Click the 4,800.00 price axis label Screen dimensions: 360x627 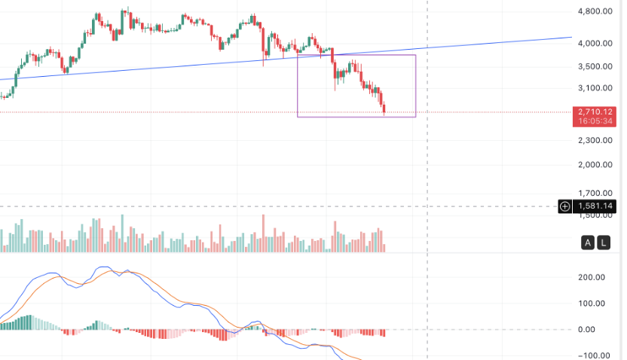(x=594, y=12)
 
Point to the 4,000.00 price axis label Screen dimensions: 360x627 (x=594, y=44)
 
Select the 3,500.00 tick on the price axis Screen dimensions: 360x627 (x=594, y=66)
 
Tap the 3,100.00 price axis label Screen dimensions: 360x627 (x=594, y=89)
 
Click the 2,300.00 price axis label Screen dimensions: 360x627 (x=594, y=140)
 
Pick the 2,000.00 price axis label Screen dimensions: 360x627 (x=594, y=165)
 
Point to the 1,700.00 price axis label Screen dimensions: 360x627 (x=594, y=193)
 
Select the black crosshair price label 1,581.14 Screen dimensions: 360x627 (x=595, y=206)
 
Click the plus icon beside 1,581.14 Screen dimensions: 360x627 (x=565, y=206)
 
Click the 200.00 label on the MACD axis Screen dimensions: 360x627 (x=592, y=277)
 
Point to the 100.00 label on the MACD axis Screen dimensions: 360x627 (x=592, y=304)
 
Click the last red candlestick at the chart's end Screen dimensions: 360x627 (x=384, y=110)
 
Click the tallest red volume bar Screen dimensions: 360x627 (x=263, y=233)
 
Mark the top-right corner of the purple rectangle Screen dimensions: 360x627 (x=415, y=55)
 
